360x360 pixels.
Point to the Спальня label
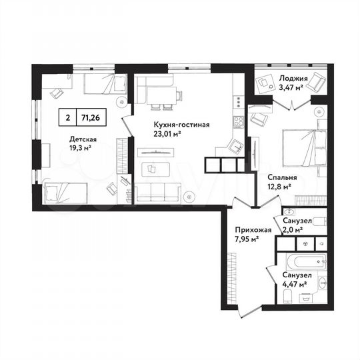point(279,178)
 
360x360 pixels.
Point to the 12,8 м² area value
point(278,187)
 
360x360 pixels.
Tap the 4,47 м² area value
point(294,284)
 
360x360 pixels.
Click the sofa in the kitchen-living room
point(158,192)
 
